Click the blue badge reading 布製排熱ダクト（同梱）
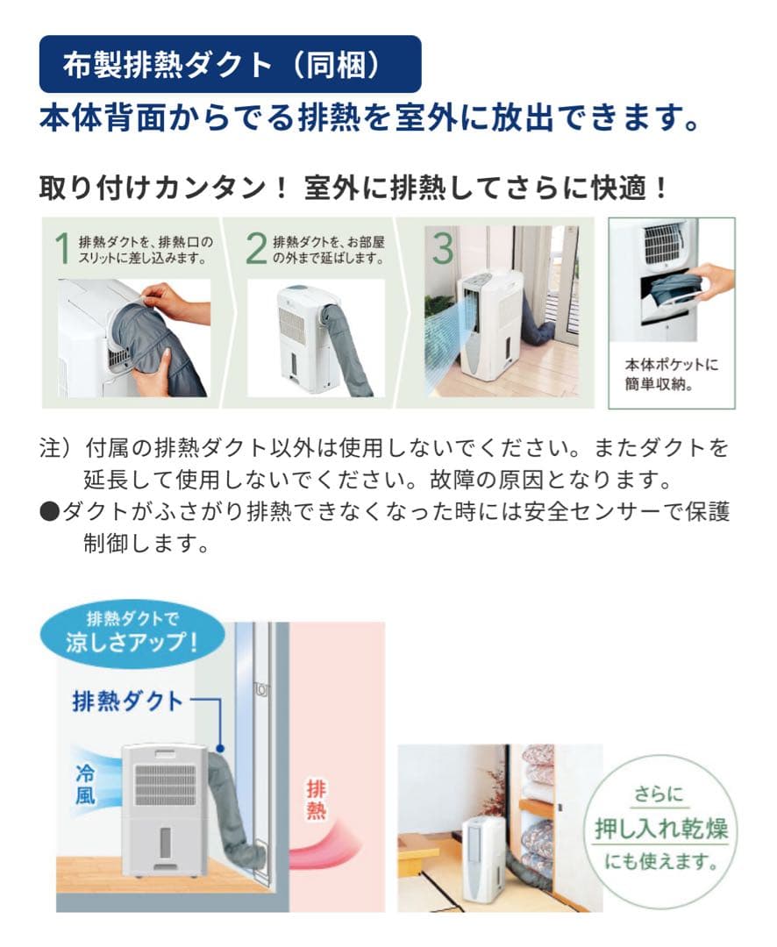tap(230, 65)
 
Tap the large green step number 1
tap(61, 248)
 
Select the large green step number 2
tap(256, 248)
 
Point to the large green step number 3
tap(443, 248)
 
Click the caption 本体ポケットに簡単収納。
tap(672, 374)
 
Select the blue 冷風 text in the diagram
tap(84, 782)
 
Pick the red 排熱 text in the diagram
tap(317, 800)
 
